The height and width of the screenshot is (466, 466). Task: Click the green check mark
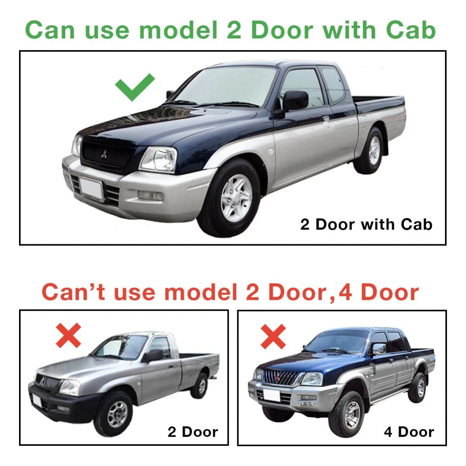[134, 87]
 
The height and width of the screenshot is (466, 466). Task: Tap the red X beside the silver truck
[68, 336]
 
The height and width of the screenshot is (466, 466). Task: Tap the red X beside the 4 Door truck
[273, 337]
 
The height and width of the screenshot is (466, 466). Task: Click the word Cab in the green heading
[411, 30]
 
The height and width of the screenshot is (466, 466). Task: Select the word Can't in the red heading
[73, 293]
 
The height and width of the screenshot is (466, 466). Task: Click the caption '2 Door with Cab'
[366, 225]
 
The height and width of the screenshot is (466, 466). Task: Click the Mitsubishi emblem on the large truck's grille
[104, 154]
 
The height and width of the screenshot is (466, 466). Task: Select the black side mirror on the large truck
[295, 100]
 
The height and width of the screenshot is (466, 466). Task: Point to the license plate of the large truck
[91, 189]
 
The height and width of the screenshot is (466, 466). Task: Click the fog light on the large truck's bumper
[150, 195]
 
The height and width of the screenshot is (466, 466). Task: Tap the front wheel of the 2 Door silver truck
[113, 414]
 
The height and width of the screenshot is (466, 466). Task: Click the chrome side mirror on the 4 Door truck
[379, 349]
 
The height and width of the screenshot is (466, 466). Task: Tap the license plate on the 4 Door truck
[271, 396]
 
